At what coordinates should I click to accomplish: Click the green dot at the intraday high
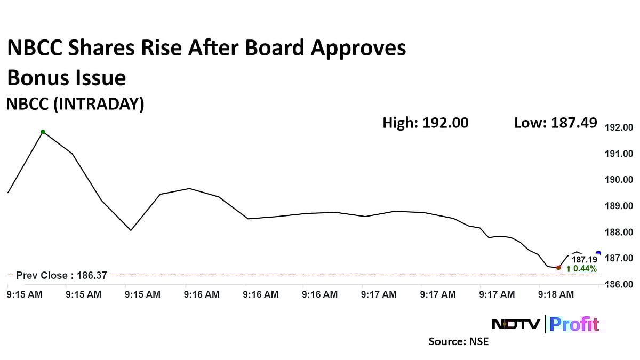[x=43, y=132]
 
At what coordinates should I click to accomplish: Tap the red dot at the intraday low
[x=558, y=267]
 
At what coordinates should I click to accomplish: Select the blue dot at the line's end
[x=598, y=253]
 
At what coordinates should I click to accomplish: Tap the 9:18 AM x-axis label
[x=556, y=294]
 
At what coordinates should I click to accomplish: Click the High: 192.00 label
[x=426, y=123]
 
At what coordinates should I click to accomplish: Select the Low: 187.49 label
[x=555, y=123]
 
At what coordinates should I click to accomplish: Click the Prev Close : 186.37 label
[x=61, y=275]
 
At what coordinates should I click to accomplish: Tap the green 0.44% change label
[x=581, y=269]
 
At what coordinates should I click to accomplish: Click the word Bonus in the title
[x=37, y=78]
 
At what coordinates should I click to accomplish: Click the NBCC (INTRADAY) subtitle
[x=75, y=104]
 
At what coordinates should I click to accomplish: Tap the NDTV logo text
[x=515, y=324]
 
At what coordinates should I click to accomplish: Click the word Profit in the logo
[x=574, y=324]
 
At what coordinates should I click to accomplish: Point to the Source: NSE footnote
[x=458, y=341]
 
